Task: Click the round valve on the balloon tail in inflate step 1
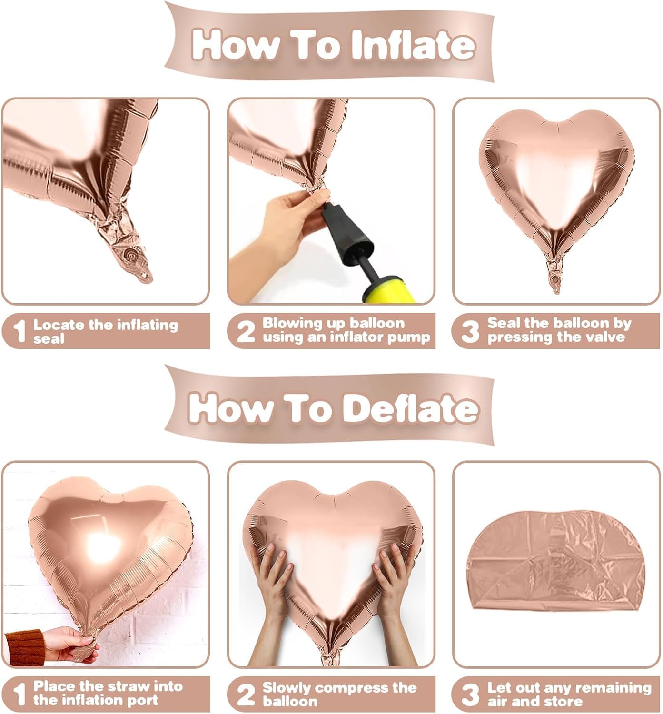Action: pos(130,256)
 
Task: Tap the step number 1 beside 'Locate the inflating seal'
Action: pos(19,331)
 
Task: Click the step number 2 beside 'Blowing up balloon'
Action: pos(246,331)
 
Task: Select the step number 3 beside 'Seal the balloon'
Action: pos(470,331)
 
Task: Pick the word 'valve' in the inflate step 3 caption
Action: pos(605,337)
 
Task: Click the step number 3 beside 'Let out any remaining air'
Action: pos(470,694)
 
